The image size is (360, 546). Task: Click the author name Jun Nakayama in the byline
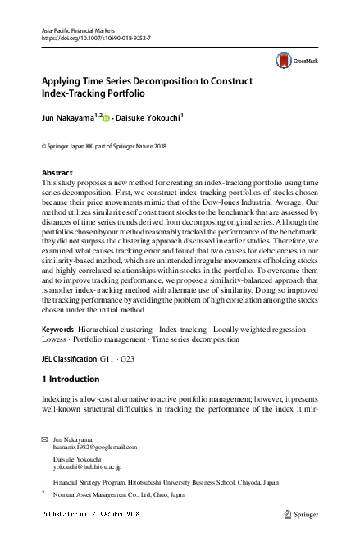click(71, 118)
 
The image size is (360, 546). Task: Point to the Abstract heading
click(57, 173)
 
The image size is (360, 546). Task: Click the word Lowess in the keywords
click(56, 362)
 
